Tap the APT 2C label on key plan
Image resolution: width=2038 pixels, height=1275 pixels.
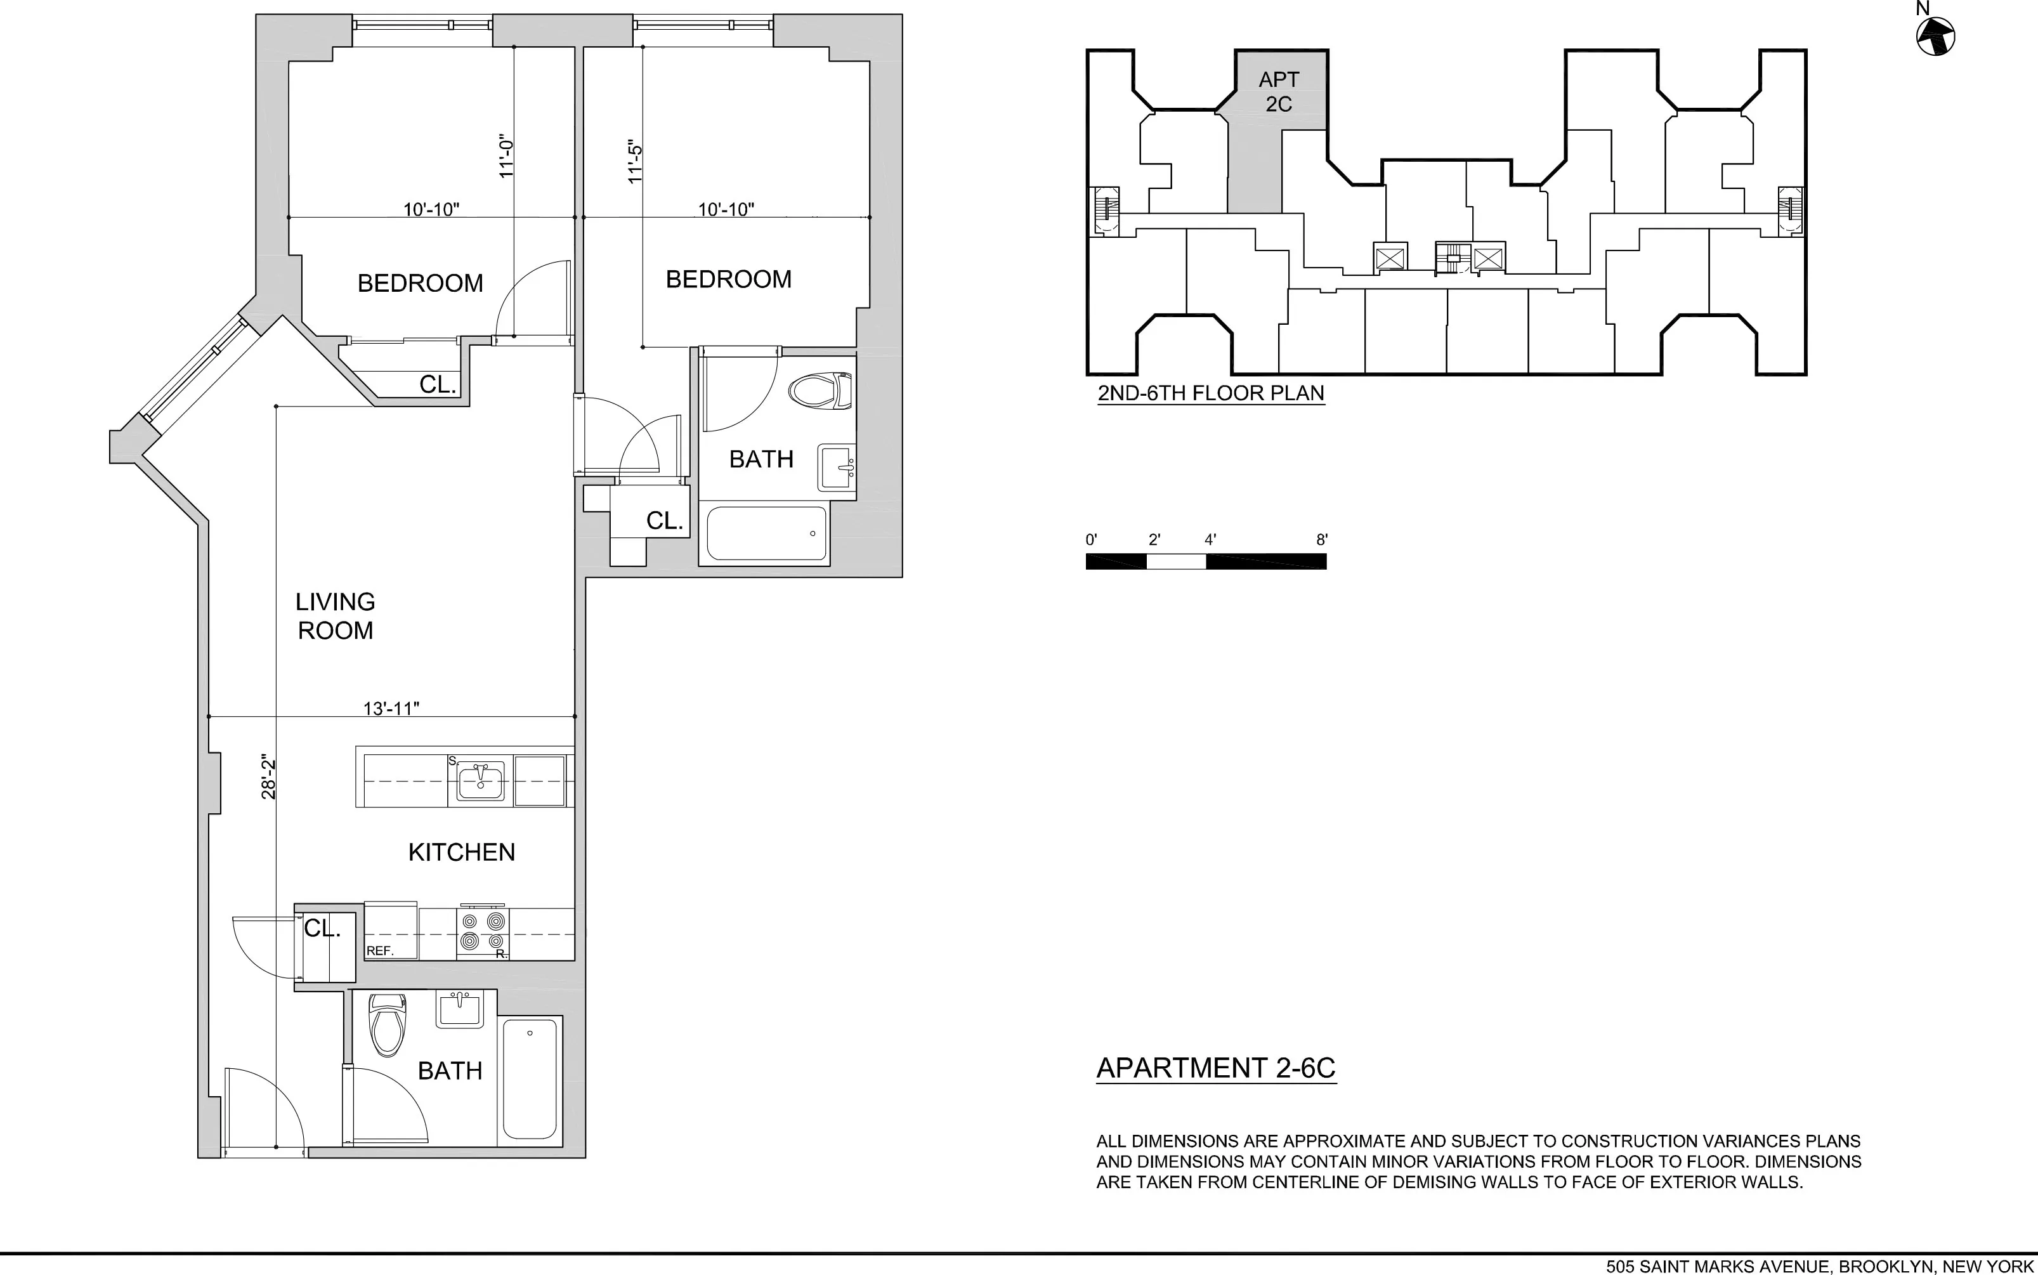coord(1278,91)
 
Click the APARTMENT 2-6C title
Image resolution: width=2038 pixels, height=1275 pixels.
coord(1215,1068)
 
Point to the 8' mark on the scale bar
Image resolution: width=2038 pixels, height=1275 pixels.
coord(1321,540)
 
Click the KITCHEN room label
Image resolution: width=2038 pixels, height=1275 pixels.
coord(461,853)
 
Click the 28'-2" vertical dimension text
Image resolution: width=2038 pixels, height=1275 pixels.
coord(269,776)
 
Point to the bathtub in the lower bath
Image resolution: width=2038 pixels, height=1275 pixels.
coord(530,1080)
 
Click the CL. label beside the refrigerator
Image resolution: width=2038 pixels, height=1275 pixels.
coord(322,929)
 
